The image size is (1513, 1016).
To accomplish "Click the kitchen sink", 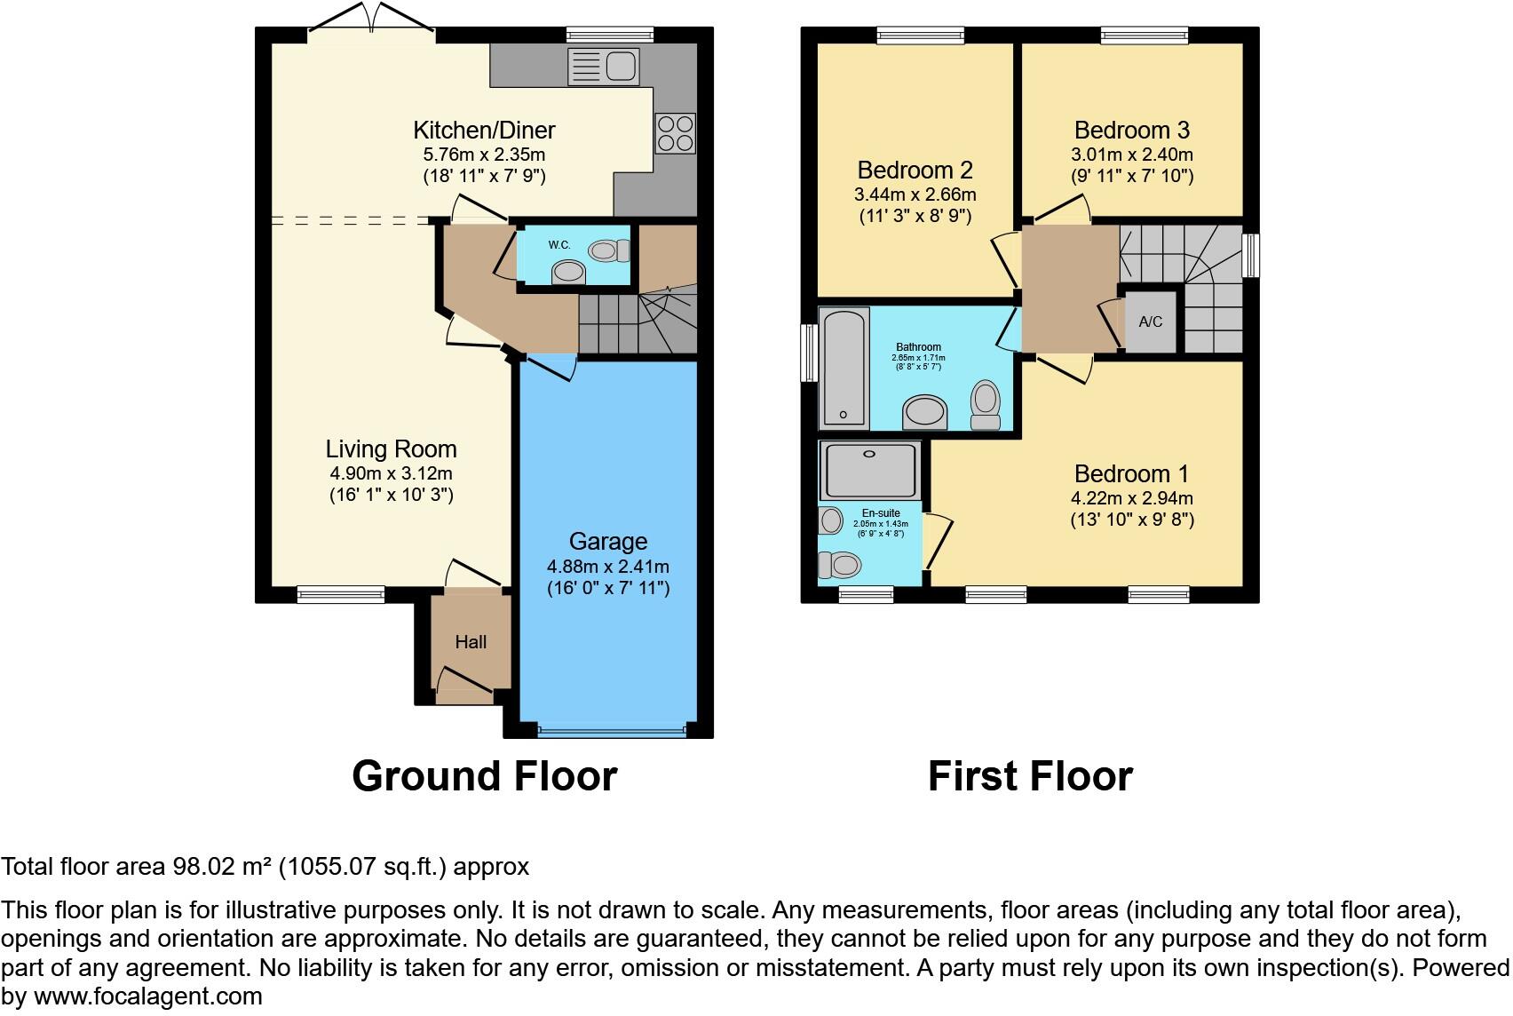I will (x=604, y=66).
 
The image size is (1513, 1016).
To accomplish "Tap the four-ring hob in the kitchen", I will (x=675, y=133).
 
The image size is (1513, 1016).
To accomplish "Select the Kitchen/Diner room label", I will (x=484, y=131).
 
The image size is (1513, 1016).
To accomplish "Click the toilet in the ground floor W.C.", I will (x=608, y=251).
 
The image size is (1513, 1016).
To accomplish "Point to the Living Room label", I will (x=391, y=449).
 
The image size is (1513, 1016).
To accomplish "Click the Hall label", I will (x=471, y=642).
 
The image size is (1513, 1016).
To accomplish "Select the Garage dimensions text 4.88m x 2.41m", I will (x=608, y=567).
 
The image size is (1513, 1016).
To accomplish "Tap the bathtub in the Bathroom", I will (x=844, y=367).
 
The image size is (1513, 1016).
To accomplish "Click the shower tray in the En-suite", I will (x=868, y=470).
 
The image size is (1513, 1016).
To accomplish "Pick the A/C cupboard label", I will (x=1150, y=321).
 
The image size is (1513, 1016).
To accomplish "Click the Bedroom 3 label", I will (x=1131, y=131).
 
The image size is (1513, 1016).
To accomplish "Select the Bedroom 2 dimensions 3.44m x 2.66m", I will (x=915, y=194).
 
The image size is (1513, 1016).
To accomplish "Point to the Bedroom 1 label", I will (x=1131, y=474).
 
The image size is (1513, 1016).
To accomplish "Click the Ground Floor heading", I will (x=484, y=776).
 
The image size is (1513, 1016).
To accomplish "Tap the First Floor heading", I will (x=1030, y=776).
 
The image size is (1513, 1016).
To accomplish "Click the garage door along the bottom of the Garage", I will (x=612, y=732).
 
